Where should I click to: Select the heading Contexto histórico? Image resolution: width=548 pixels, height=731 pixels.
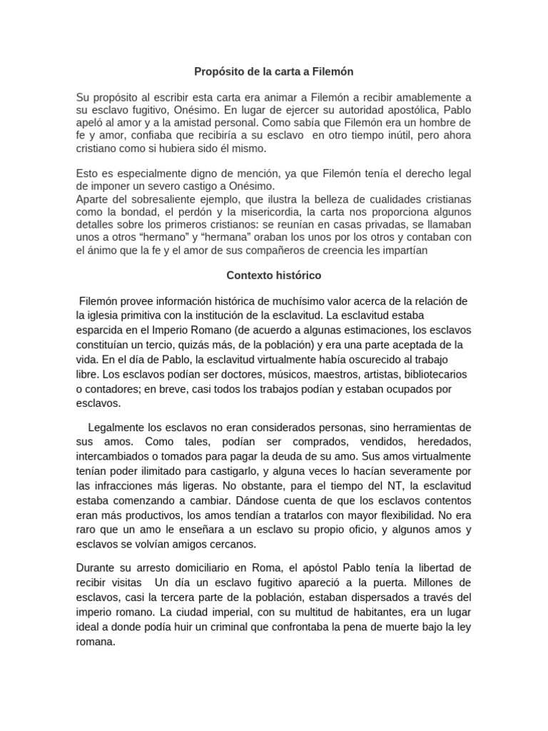tap(274, 274)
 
